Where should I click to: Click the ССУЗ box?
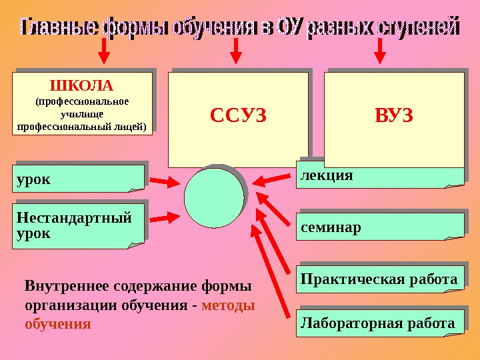238,119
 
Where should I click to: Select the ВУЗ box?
393,119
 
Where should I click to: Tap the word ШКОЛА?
83,85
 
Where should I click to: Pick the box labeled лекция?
380,176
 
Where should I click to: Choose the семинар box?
380,227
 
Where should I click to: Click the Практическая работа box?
380,279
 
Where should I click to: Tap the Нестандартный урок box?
78,225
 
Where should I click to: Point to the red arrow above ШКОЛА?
103,50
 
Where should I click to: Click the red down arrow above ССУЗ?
234,50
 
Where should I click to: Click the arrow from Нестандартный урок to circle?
164,217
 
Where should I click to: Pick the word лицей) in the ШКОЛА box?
131,126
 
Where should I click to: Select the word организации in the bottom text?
64,305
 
